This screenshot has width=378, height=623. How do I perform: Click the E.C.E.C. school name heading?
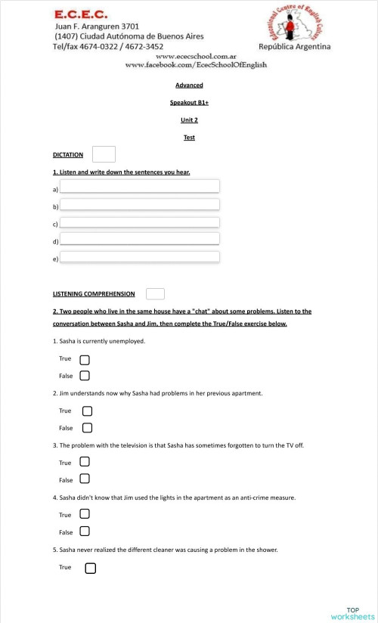click(x=81, y=14)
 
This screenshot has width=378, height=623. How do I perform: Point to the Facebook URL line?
click(x=195, y=65)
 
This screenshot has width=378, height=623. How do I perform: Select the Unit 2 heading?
click(x=189, y=119)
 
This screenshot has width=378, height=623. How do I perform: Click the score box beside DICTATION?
click(x=103, y=154)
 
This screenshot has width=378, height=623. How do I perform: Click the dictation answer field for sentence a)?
click(x=139, y=187)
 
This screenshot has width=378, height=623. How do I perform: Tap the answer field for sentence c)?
click(x=139, y=222)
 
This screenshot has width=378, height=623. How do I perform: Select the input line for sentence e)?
click(x=139, y=257)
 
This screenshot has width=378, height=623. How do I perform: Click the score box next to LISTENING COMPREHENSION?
click(x=155, y=293)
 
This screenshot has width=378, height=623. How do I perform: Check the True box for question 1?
click(x=85, y=358)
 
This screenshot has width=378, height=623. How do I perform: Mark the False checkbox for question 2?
click(x=87, y=428)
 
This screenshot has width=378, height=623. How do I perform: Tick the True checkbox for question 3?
click(x=85, y=462)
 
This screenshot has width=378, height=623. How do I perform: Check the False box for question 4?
click(x=85, y=532)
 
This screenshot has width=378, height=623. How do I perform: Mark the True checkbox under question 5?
click(x=90, y=567)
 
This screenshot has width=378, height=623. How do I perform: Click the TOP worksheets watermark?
click(x=352, y=613)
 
